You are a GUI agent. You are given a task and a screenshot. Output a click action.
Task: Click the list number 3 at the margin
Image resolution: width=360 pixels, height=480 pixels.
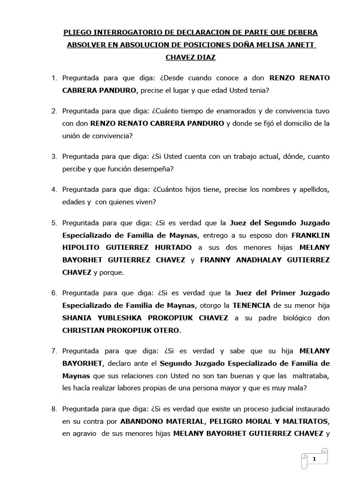point(54,156)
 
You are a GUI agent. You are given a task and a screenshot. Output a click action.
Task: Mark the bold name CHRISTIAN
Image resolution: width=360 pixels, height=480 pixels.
point(85,330)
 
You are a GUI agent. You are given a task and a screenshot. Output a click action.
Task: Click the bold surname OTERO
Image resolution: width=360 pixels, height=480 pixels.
point(165,330)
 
